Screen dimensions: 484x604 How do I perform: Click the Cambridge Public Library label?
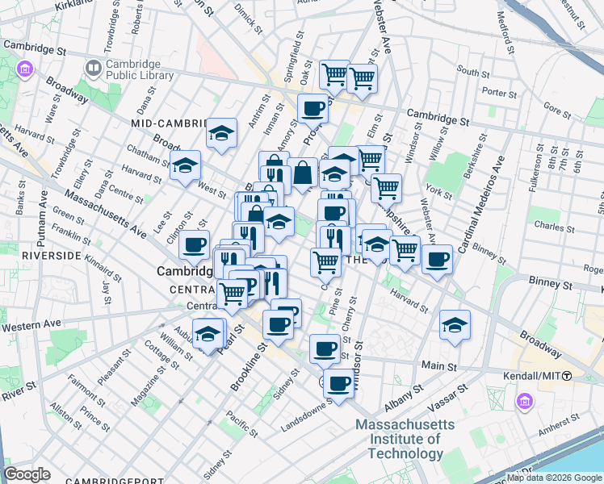pyautogui.click(x=139, y=69)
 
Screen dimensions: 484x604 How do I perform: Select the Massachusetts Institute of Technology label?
pyautogui.click(x=405, y=439)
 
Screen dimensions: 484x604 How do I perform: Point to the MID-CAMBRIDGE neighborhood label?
pyautogui.click(x=169, y=123)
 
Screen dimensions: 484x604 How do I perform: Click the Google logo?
pyautogui.click(x=27, y=474)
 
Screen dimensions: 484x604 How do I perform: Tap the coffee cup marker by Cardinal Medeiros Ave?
pyautogui.click(x=438, y=259)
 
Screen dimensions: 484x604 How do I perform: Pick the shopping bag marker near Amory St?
pyautogui.click(x=302, y=173)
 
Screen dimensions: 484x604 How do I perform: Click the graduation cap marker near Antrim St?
pyautogui.click(x=220, y=134)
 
